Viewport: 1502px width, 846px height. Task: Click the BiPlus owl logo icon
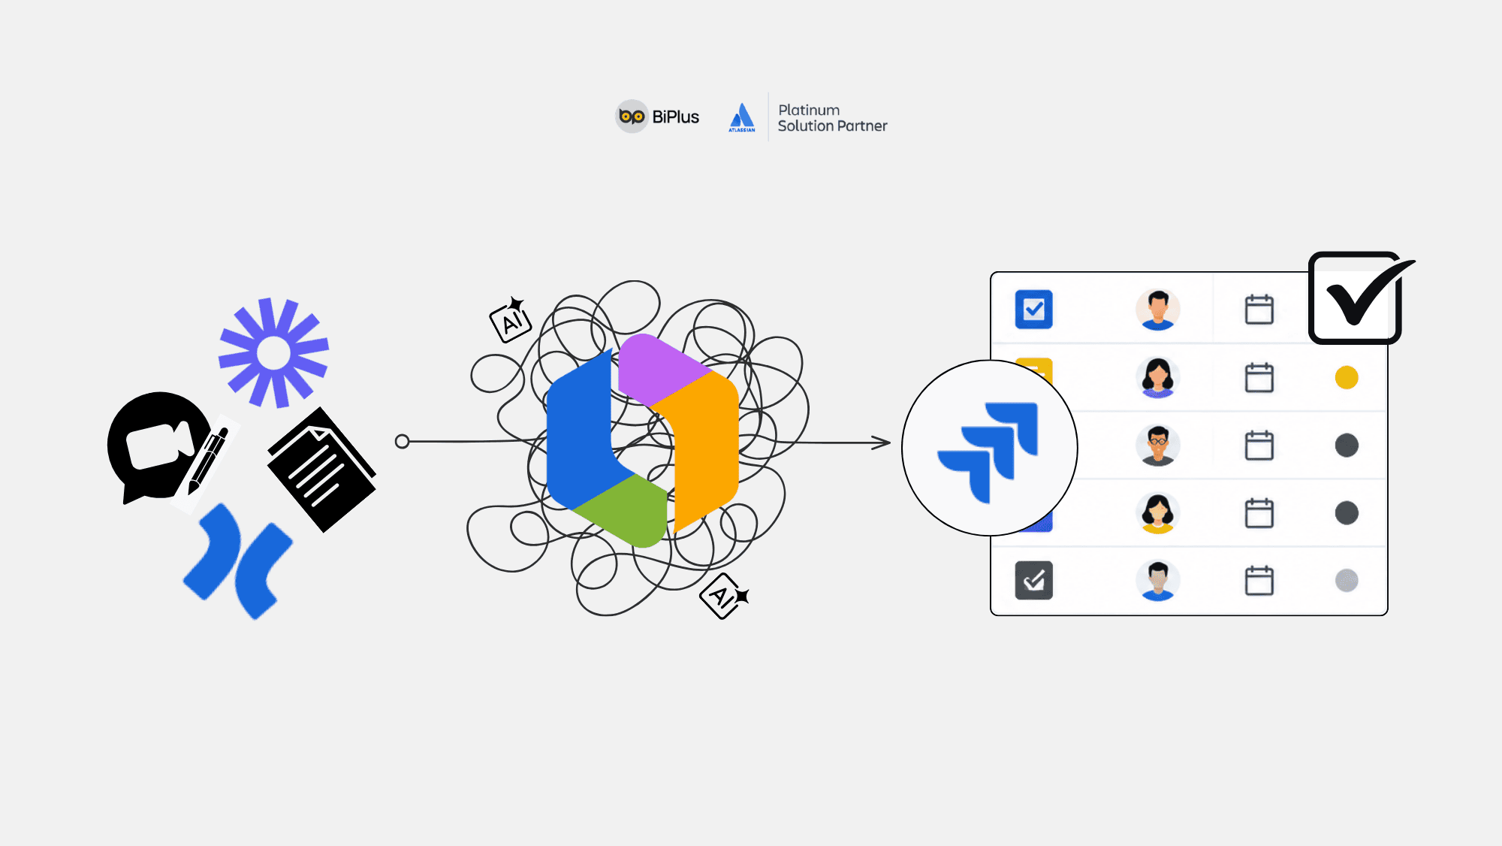click(x=632, y=116)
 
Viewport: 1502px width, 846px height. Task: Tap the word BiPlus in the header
click(x=675, y=117)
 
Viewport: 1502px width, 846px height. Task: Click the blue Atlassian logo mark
click(x=742, y=117)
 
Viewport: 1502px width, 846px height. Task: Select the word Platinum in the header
click(x=809, y=110)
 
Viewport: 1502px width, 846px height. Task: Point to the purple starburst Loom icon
click(x=273, y=353)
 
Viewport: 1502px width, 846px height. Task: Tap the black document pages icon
click(x=321, y=470)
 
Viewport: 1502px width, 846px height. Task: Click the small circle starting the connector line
click(x=402, y=441)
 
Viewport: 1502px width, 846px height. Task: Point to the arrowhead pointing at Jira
click(x=881, y=443)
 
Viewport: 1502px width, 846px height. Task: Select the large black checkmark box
click(x=1356, y=298)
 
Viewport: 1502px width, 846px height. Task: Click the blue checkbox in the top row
click(x=1033, y=309)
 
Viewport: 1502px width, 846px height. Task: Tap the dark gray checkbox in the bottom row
click(x=1033, y=580)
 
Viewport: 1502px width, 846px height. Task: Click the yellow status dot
click(x=1347, y=377)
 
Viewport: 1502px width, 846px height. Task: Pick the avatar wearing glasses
click(x=1158, y=445)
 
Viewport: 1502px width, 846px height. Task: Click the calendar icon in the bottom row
click(x=1259, y=580)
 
